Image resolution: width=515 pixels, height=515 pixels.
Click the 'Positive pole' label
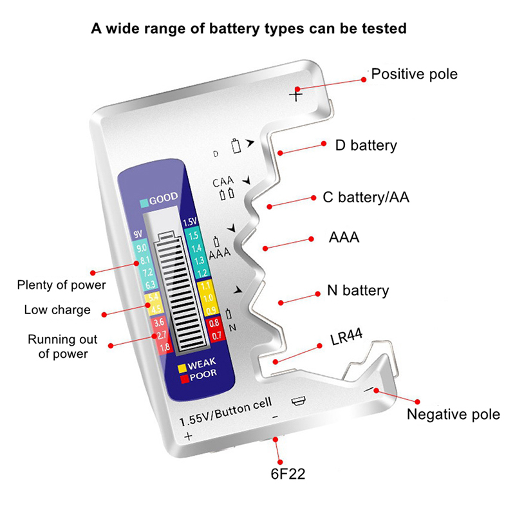tap(415, 74)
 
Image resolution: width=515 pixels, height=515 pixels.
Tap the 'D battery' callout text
tap(366, 145)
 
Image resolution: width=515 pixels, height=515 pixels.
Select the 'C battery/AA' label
tap(366, 198)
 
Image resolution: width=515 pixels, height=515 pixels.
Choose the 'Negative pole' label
tap(453, 414)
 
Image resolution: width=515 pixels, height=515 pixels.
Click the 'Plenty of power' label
tap(62, 285)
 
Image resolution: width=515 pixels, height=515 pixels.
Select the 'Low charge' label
tap(57, 310)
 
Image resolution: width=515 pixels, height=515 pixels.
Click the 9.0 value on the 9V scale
tap(142, 248)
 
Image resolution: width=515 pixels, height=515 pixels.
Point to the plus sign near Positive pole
tap(295, 95)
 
